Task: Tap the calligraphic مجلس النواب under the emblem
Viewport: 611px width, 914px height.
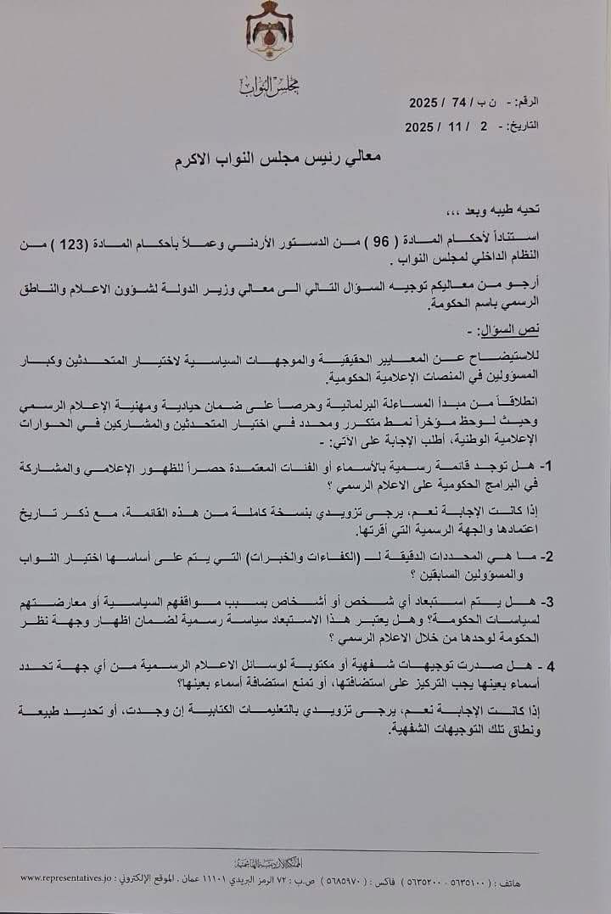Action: click(270, 85)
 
